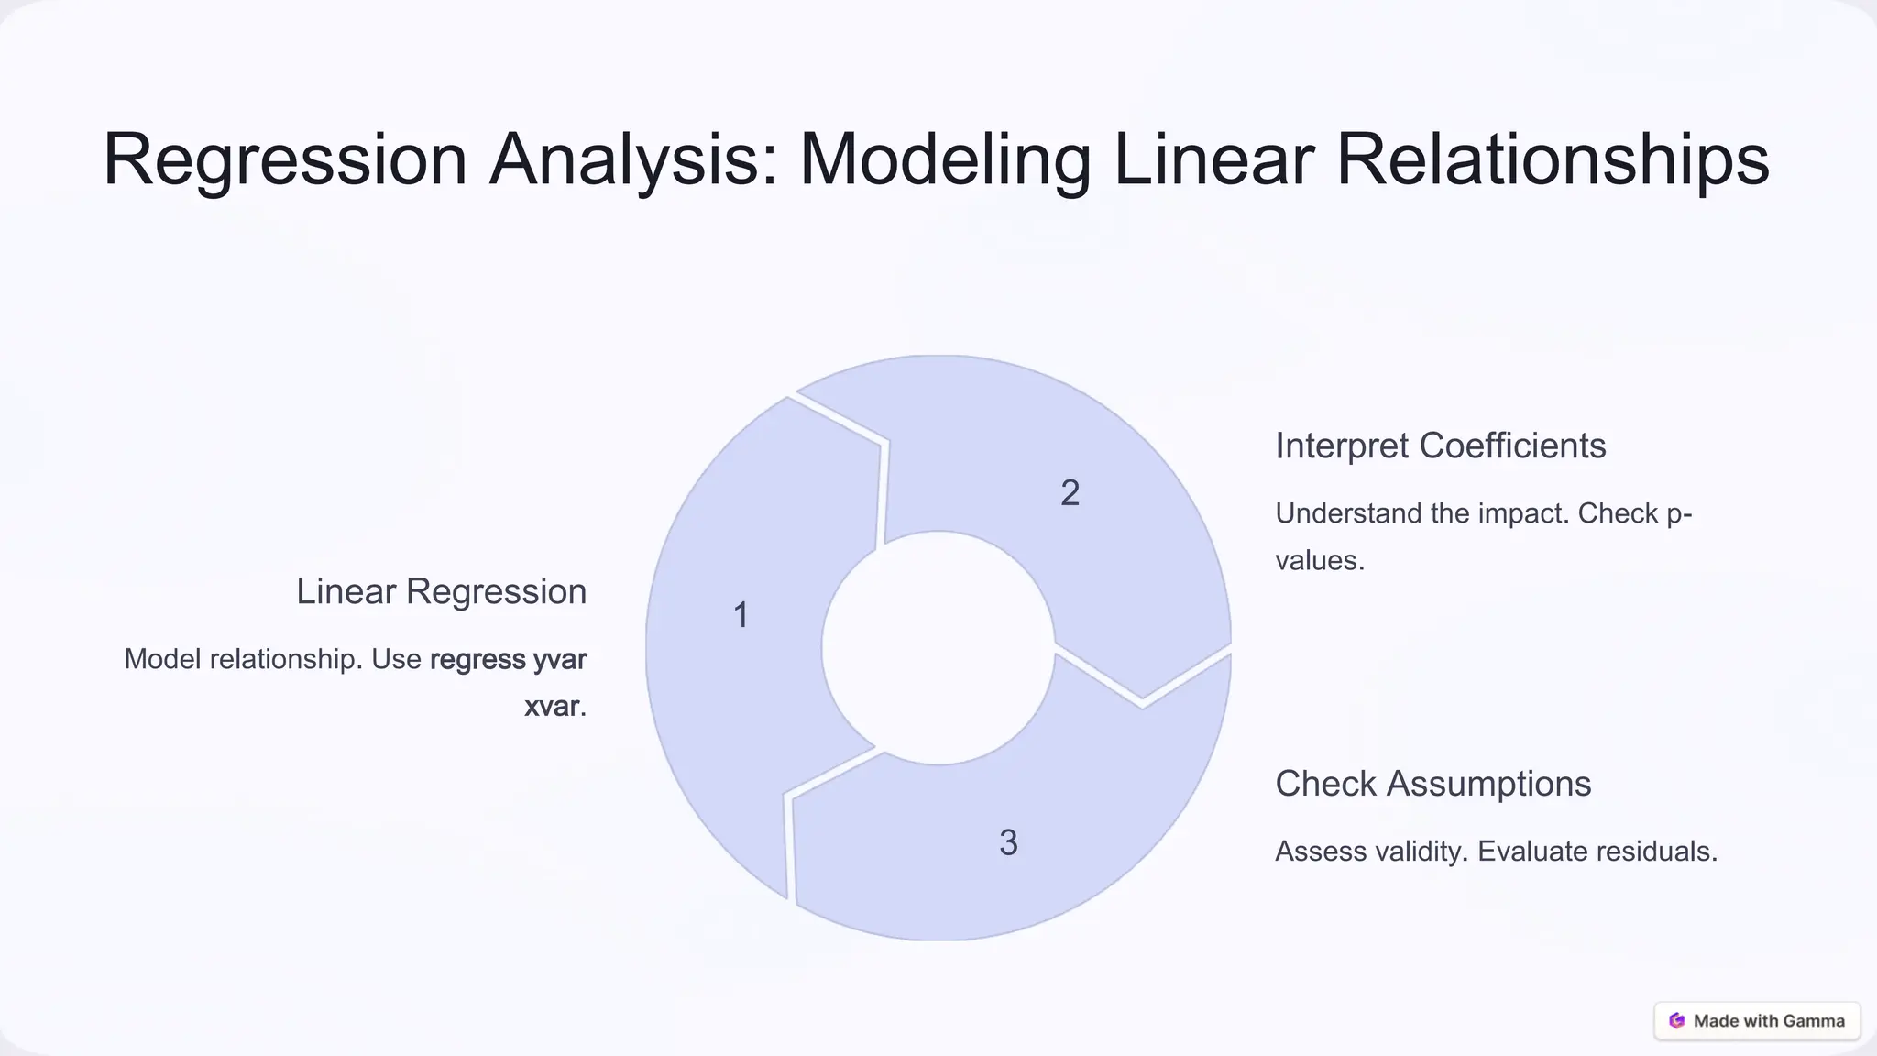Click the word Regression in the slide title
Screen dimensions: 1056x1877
[x=285, y=160]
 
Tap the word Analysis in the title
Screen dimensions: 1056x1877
[x=633, y=160]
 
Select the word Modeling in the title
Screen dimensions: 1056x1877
[x=945, y=160]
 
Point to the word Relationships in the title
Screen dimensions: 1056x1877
[x=1552, y=160]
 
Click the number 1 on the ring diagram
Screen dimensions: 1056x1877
[x=741, y=615]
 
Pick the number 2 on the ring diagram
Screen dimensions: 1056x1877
[x=1070, y=493]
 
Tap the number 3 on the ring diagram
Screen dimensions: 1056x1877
[x=1008, y=842]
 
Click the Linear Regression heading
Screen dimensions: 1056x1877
[x=441, y=591]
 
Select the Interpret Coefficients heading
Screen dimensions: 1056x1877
[x=1440, y=445]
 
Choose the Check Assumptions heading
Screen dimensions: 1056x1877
[x=1432, y=784]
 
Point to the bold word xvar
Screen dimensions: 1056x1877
[x=552, y=706]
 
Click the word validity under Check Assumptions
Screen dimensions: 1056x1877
[x=1419, y=852]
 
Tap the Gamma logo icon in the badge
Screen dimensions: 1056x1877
[x=1677, y=1020]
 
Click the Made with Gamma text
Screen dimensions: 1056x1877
[x=1769, y=1021]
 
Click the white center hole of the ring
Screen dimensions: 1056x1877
[x=938, y=648]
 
